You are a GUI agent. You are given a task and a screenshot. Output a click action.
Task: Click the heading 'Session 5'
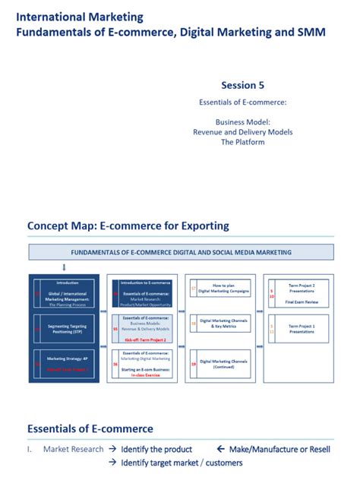point(243,85)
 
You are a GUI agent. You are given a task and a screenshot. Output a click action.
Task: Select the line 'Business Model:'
point(243,122)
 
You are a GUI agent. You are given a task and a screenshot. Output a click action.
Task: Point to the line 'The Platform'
point(243,142)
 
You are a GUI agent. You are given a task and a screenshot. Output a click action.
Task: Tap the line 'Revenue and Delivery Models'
point(243,132)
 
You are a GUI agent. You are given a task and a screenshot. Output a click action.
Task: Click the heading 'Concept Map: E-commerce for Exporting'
point(128,226)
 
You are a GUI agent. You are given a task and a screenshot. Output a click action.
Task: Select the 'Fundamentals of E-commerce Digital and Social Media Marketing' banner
point(181,252)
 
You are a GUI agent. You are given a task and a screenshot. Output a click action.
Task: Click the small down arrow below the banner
point(64,267)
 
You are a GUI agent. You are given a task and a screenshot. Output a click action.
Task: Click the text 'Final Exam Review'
point(302,302)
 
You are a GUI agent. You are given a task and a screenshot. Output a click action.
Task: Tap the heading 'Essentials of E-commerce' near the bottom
point(90,428)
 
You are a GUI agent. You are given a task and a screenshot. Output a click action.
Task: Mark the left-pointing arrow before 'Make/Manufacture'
point(222,449)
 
